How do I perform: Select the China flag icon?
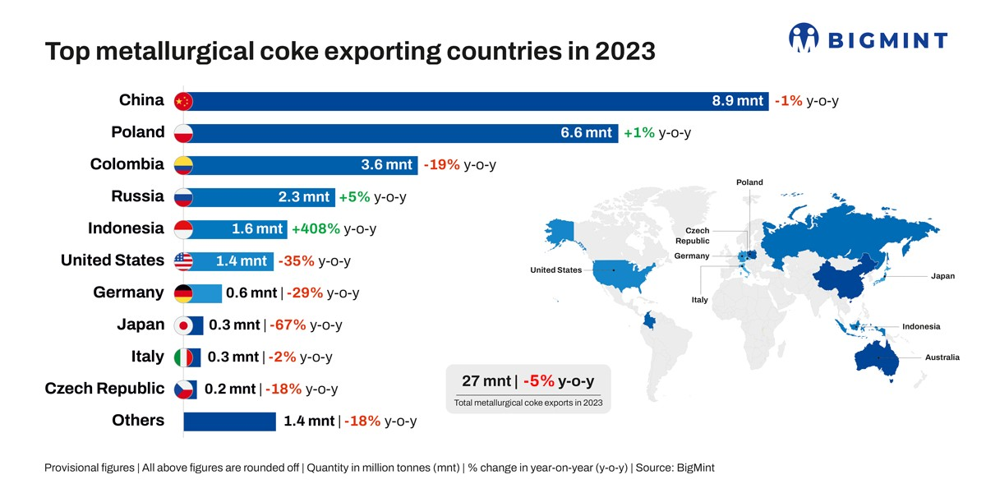(183, 101)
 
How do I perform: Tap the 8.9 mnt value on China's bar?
(738, 101)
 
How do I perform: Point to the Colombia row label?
(127, 164)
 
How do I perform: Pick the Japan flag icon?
(184, 325)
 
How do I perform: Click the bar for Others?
(229, 422)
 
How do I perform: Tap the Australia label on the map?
(942, 357)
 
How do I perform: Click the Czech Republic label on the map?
(692, 236)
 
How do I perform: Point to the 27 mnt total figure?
(486, 381)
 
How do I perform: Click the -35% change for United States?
(296, 261)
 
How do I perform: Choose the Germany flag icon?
(184, 293)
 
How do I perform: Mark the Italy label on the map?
(699, 300)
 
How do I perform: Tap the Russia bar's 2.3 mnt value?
(303, 197)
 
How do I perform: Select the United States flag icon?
(184, 261)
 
